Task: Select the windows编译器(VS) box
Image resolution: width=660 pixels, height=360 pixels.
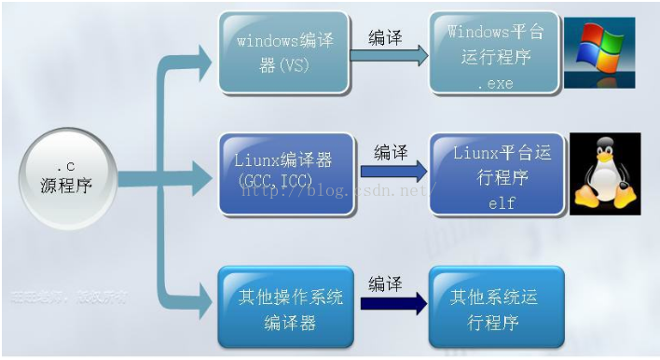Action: tap(283, 52)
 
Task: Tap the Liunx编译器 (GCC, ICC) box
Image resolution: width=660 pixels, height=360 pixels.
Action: tap(286, 173)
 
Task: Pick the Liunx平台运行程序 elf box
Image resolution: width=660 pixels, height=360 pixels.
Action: tap(497, 173)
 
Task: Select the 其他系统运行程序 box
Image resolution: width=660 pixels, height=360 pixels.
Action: tap(496, 307)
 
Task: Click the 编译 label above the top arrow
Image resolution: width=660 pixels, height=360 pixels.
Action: tap(386, 37)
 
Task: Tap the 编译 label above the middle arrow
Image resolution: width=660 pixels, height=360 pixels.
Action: tap(391, 151)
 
